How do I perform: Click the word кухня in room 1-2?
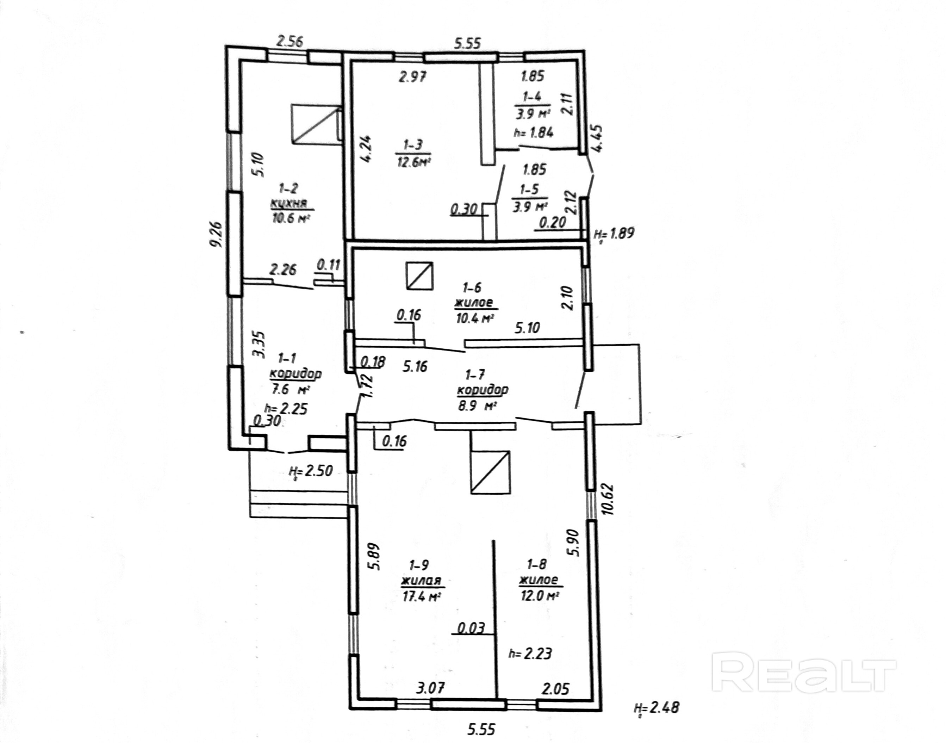289,203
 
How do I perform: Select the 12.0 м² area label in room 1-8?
539,595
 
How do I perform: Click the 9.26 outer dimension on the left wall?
217,234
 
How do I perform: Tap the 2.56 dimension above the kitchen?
290,42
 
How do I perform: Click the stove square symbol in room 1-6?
419,276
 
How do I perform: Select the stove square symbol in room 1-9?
490,472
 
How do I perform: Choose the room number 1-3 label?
413,144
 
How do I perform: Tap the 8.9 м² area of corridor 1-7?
477,406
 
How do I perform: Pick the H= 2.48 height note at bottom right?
656,708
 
